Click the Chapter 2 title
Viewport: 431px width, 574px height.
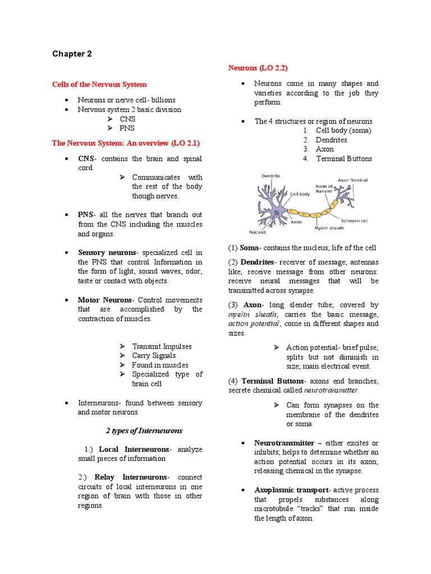[x=72, y=54]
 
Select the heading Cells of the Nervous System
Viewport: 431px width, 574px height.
[x=99, y=84]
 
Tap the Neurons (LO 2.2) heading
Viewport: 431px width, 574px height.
[x=258, y=68]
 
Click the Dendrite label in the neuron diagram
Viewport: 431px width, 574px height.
[x=270, y=176]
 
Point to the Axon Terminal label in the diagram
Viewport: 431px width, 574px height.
[x=352, y=180]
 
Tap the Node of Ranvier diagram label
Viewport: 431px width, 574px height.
[x=324, y=188]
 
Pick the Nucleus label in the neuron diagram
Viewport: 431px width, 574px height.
[x=258, y=232]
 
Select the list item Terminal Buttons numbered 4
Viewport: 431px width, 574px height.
[x=343, y=159]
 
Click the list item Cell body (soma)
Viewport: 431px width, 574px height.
[x=343, y=131]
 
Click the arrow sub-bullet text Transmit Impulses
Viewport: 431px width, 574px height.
[x=162, y=346]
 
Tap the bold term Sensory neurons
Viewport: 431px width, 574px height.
[x=107, y=253]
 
